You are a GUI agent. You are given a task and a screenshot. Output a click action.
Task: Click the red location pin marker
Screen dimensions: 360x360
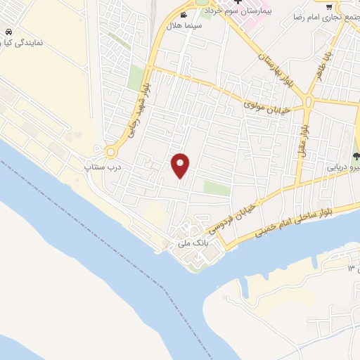click(x=181, y=165)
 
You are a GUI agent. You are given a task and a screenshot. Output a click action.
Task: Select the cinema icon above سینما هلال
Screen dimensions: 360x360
click(x=184, y=15)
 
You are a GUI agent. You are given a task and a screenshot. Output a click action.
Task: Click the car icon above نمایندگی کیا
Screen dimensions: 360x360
click(x=8, y=33)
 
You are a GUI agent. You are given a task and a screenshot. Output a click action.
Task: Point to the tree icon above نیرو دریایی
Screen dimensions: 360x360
click(x=356, y=157)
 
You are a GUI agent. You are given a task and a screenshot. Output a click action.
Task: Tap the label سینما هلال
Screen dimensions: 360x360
click(x=184, y=25)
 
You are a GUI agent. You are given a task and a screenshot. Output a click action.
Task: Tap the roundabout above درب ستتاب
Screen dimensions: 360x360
click(x=110, y=153)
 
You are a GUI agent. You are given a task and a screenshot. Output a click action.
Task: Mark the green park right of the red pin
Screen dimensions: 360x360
click(x=217, y=188)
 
